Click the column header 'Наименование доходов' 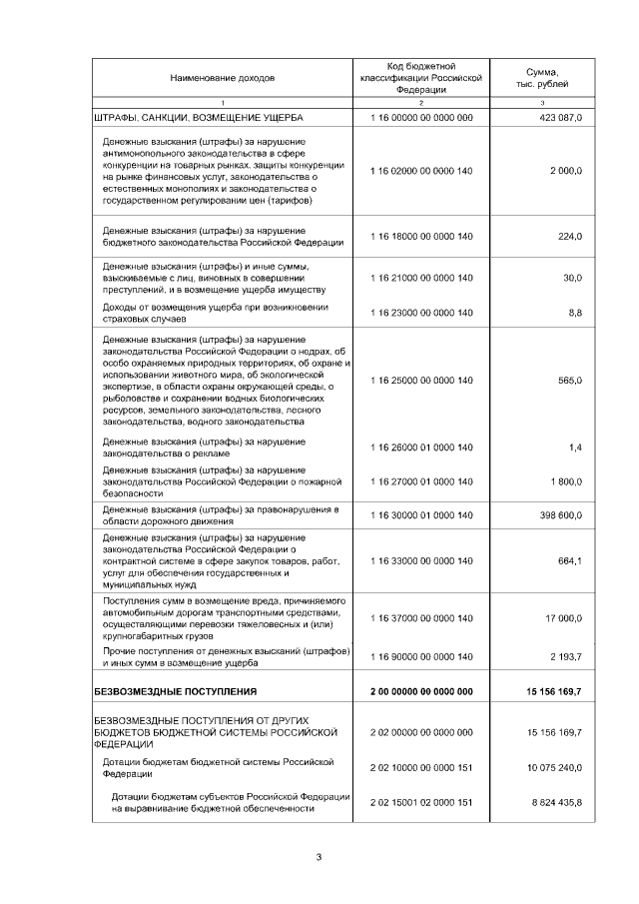222,77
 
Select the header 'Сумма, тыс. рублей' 542,77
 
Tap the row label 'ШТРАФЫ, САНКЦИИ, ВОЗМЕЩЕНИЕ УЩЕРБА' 191,118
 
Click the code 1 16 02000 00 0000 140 420,171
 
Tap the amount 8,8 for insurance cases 575,313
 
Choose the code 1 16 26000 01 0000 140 420,448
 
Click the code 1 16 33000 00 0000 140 420,560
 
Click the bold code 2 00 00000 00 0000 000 420,691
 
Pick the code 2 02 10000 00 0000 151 420,766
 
